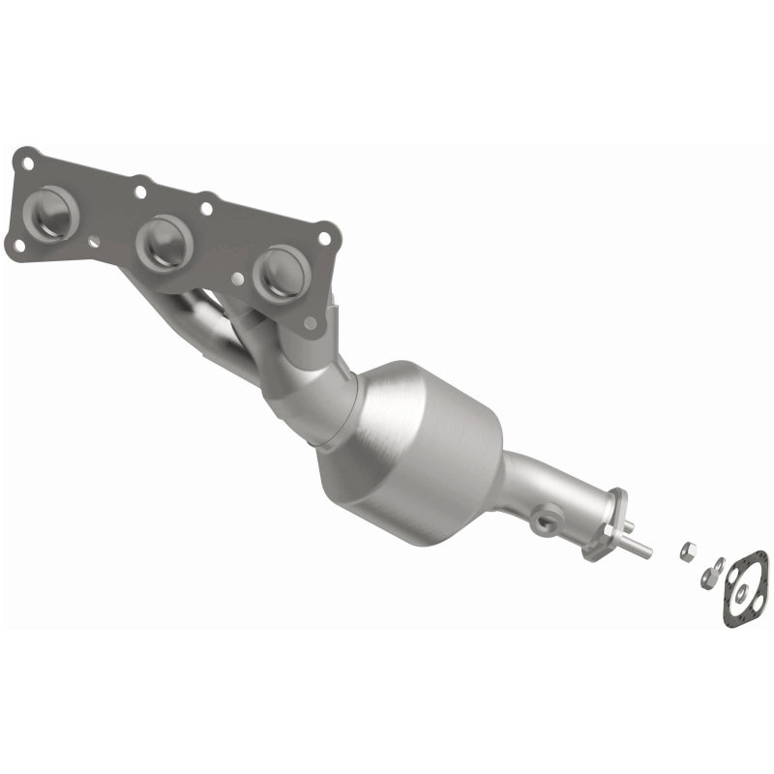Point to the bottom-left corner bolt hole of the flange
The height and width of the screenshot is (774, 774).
(x=18, y=245)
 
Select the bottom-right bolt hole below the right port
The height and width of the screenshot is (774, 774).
(x=310, y=323)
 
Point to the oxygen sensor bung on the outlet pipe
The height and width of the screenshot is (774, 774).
(x=544, y=521)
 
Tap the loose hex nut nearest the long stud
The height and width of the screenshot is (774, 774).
(x=686, y=551)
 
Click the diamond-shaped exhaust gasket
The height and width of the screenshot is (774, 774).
(x=745, y=588)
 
